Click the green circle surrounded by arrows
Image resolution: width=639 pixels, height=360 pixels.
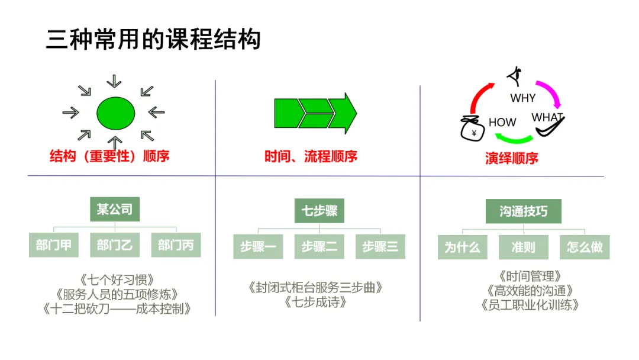click(x=116, y=112)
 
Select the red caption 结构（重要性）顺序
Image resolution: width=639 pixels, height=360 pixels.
click(x=109, y=156)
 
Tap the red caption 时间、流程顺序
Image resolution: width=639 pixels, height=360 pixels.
click(x=311, y=156)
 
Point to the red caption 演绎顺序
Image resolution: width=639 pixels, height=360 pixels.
click(x=512, y=158)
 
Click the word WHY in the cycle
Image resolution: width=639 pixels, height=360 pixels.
click(x=522, y=98)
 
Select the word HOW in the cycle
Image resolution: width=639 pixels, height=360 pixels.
click(x=502, y=123)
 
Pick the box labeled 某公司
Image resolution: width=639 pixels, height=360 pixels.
click(x=115, y=209)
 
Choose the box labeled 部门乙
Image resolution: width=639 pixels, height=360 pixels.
click(x=115, y=245)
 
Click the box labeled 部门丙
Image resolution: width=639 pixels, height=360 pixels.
click(x=176, y=245)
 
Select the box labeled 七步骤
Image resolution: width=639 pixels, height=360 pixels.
click(x=319, y=211)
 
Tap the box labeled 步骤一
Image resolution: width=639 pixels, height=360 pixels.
click(x=258, y=246)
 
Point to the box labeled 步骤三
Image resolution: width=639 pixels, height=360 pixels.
click(x=380, y=246)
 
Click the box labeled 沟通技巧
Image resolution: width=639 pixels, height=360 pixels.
click(x=523, y=211)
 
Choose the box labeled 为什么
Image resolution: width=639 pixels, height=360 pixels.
click(x=462, y=247)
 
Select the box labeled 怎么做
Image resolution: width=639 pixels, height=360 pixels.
click(x=584, y=247)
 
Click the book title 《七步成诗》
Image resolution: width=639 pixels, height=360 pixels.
click(x=315, y=302)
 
